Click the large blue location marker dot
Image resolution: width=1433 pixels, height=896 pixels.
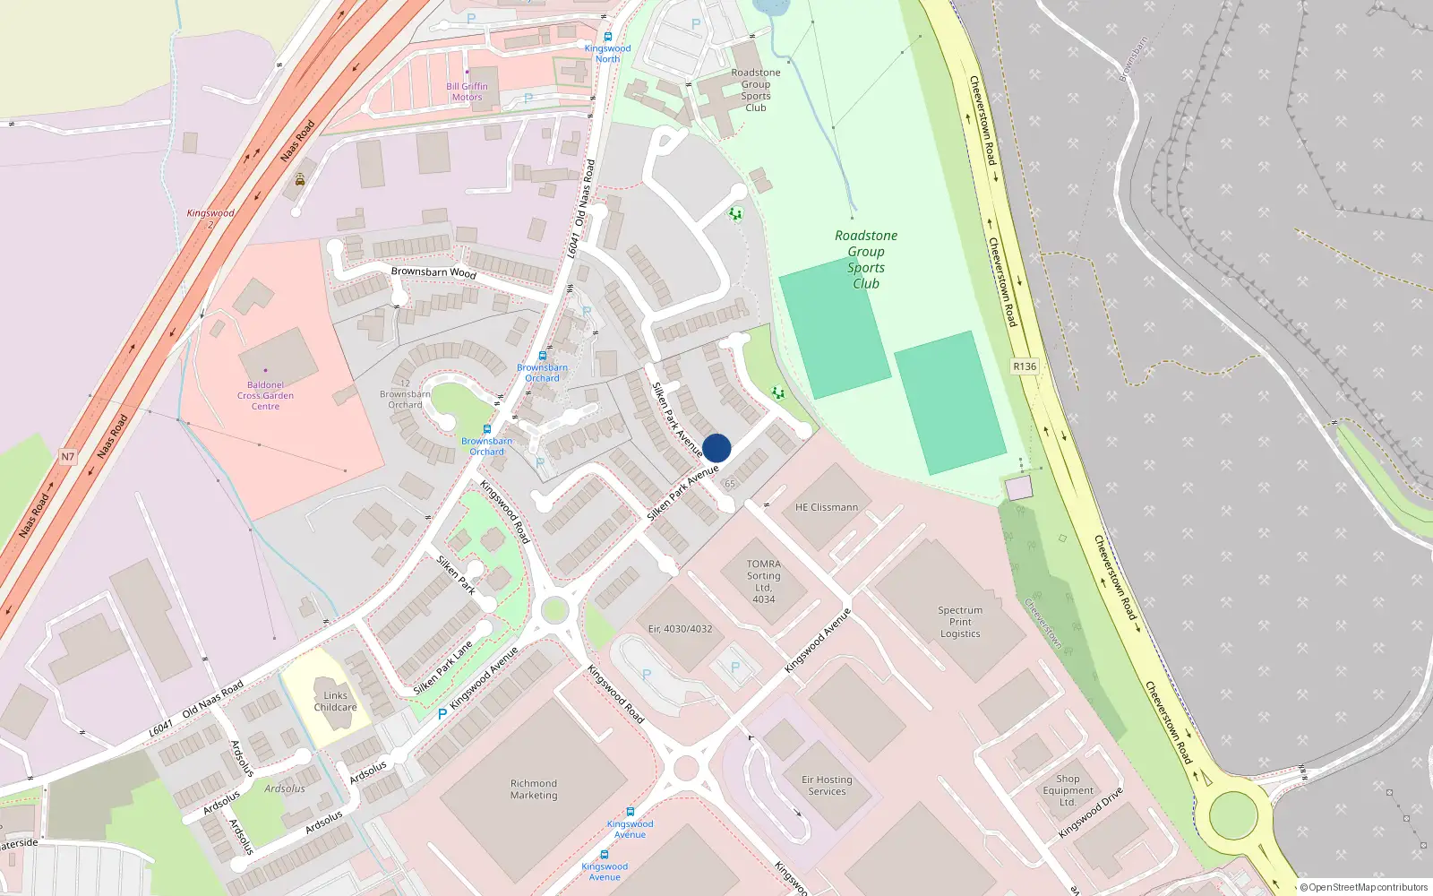click(x=716, y=448)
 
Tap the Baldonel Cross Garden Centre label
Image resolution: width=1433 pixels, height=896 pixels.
click(x=265, y=395)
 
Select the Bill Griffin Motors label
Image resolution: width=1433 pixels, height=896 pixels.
click(x=467, y=91)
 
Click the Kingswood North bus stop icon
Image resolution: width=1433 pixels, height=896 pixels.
click(x=608, y=38)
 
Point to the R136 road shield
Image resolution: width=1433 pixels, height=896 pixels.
click(x=1025, y=366)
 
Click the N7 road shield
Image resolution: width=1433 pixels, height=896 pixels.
click(x=68, y=457)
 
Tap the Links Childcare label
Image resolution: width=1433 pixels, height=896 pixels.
click(x=335, y=702)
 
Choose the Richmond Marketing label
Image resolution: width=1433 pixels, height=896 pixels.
click(x=534, y=789)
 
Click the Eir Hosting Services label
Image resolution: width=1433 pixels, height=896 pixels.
click(x=827, y=786)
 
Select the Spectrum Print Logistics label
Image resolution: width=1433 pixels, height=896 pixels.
click(x=960, y=622)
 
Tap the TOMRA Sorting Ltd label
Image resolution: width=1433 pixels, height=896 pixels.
click(x=763, y=582)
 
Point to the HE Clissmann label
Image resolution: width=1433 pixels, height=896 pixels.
click(x=826, y=507)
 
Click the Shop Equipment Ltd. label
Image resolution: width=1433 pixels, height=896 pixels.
click(x=1068, y=790)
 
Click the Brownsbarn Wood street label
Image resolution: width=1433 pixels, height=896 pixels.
click(x=433, y=271)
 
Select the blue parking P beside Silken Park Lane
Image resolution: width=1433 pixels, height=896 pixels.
click(x=442, y=714)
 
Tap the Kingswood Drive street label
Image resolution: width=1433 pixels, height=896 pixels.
click(x=1090, y=814)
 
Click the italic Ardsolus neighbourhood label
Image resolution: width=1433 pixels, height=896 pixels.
click(x=285, y=788)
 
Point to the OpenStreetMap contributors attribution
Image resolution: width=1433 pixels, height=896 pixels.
click(x=1363, y=887)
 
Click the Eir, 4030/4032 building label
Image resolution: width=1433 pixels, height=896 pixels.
click(x=680, y=629)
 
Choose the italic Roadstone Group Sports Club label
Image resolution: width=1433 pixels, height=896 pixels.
click(x=866, y=260)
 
